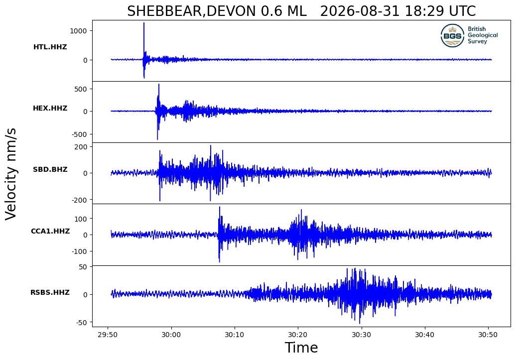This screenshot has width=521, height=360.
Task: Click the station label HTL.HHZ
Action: pos(50,47)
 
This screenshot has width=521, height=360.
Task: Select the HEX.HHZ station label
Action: pos(50,108)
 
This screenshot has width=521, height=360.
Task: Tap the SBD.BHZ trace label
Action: pos(50,169)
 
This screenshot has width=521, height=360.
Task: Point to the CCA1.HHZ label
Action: pos(50,231)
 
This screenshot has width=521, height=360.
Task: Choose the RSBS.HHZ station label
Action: pos(50,292)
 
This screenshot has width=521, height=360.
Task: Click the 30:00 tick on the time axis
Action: pos(171,335)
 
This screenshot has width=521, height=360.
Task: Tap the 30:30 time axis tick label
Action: pos(361,335)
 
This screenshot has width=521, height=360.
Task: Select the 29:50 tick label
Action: pos(108,335)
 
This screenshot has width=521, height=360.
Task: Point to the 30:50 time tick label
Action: pos(488,335)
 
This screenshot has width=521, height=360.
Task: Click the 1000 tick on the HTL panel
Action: pos(78,31)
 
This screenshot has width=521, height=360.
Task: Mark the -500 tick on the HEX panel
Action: pos(79,134)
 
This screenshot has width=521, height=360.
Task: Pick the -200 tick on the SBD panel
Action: pos(79,200)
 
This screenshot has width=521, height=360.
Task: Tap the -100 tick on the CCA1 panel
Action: pos(79,251)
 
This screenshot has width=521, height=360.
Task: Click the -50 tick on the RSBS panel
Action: pos(81,323)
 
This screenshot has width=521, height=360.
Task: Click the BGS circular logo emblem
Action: pos(452,35)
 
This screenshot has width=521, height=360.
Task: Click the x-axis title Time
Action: pos(301,348)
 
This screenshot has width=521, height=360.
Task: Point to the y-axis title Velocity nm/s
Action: pos(10,174)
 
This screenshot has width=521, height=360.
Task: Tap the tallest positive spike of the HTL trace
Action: pos(144,23)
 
